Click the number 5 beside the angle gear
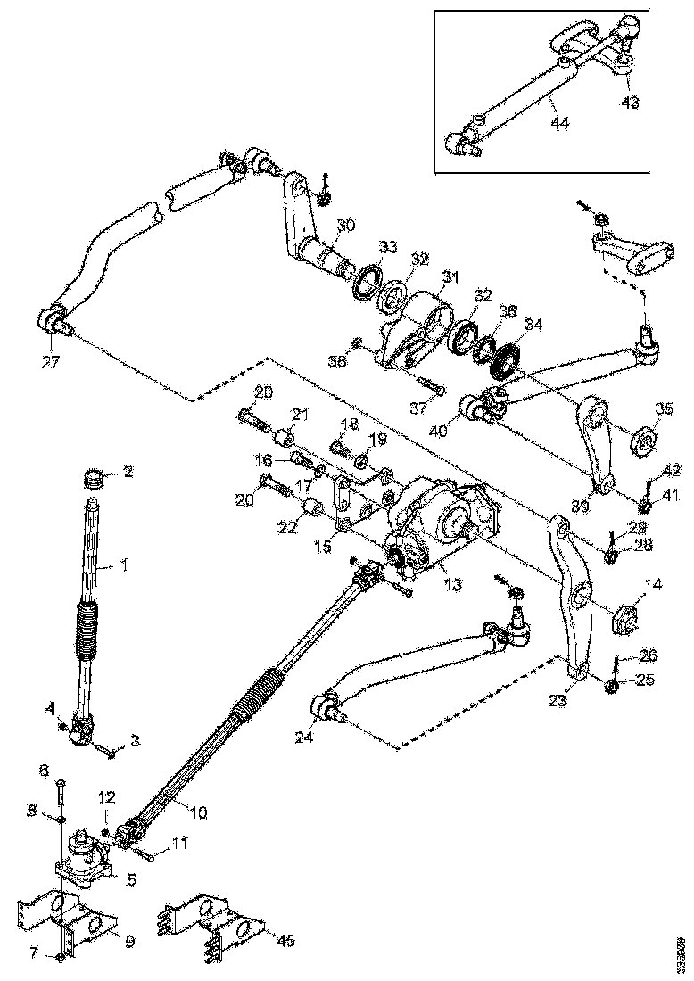pyautogui.click(x=131, y=878)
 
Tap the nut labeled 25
pyautogui.click(x=612, y=685)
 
